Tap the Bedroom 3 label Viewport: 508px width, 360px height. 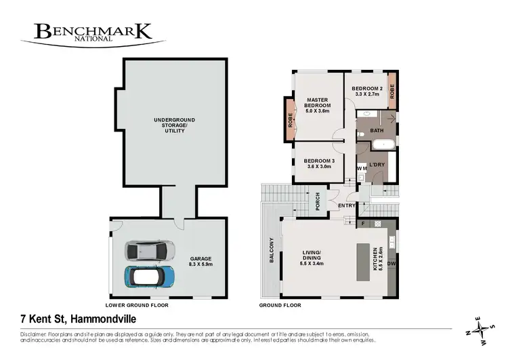[x=320, y=162]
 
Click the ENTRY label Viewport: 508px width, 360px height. [x=346, y=205]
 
